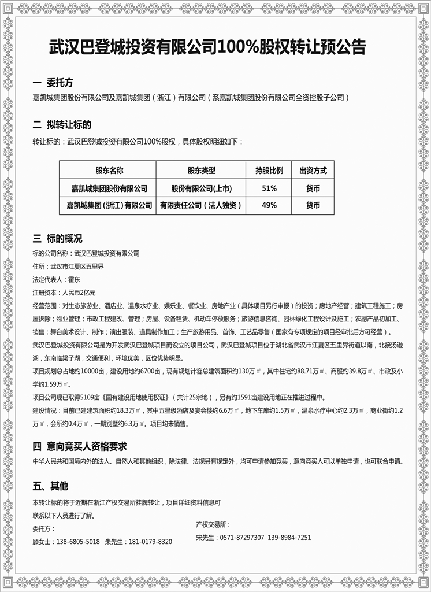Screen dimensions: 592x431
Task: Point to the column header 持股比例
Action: pos(269,171)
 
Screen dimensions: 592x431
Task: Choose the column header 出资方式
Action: pos(313,171)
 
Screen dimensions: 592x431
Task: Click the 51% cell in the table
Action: pos(269,188)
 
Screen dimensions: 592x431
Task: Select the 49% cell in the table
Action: pos(269,205)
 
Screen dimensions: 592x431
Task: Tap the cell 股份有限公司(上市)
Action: pos(201,188)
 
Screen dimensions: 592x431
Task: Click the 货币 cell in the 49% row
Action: pos(313,205)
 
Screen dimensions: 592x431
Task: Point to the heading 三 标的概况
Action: pos(57,239)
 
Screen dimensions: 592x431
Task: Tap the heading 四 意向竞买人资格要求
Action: pos(80,446)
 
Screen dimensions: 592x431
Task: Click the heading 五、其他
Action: pos(50,485)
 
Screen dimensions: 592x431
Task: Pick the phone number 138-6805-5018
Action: pos(78,542)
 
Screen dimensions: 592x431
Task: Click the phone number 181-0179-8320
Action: pos(150,542)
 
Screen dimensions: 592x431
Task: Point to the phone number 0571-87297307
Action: pos(242,538)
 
